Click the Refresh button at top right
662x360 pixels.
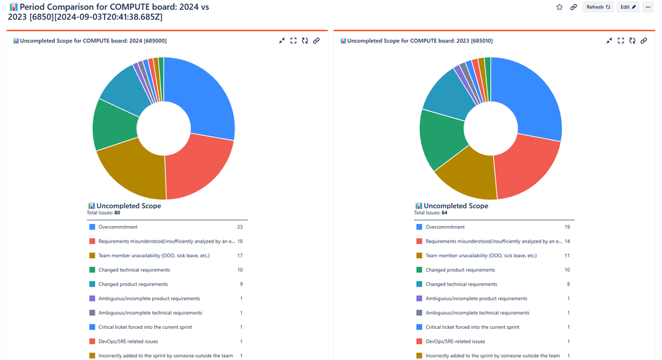[x=598, y=7]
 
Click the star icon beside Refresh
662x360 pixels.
[x=559, y=7]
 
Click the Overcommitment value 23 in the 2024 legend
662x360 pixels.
[x=240, y=227]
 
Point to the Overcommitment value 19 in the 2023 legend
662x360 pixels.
[x=567, y=227]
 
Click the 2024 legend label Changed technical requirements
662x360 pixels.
[x=134, y=270]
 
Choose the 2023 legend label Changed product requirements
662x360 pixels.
[x=460, y=270]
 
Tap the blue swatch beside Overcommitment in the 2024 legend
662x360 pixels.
[x=92, y=227]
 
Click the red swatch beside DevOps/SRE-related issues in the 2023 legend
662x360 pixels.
[x=419, y=341]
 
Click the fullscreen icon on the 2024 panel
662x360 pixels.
[x=294, y=40]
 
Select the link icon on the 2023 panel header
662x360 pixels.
[x=643, y=40]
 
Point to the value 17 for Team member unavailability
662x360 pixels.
[x=240, y=255]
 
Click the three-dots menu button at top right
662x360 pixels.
[x=647, y=7]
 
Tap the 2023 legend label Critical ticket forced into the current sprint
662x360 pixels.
[x=472, y=327]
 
